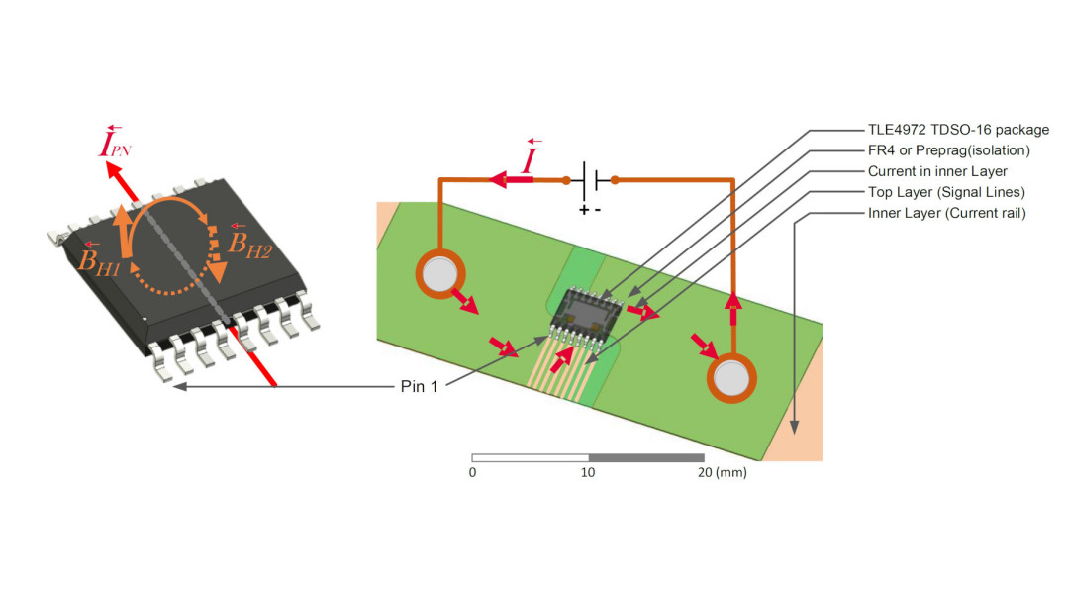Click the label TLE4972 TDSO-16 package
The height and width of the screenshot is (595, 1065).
958,130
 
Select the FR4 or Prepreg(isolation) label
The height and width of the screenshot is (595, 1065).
949,150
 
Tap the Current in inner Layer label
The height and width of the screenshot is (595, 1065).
937,171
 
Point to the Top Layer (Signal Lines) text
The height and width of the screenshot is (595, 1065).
946,192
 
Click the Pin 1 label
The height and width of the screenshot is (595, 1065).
419,386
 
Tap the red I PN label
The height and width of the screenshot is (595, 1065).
116,147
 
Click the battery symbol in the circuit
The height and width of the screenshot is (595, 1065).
590,181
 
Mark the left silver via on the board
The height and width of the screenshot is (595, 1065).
437,273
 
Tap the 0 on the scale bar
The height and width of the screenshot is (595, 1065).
472,473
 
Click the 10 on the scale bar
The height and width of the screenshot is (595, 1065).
588,473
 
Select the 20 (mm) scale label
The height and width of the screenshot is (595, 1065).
720,473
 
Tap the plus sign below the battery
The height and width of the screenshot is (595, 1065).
584,210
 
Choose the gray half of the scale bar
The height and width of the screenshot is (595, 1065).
645,457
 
